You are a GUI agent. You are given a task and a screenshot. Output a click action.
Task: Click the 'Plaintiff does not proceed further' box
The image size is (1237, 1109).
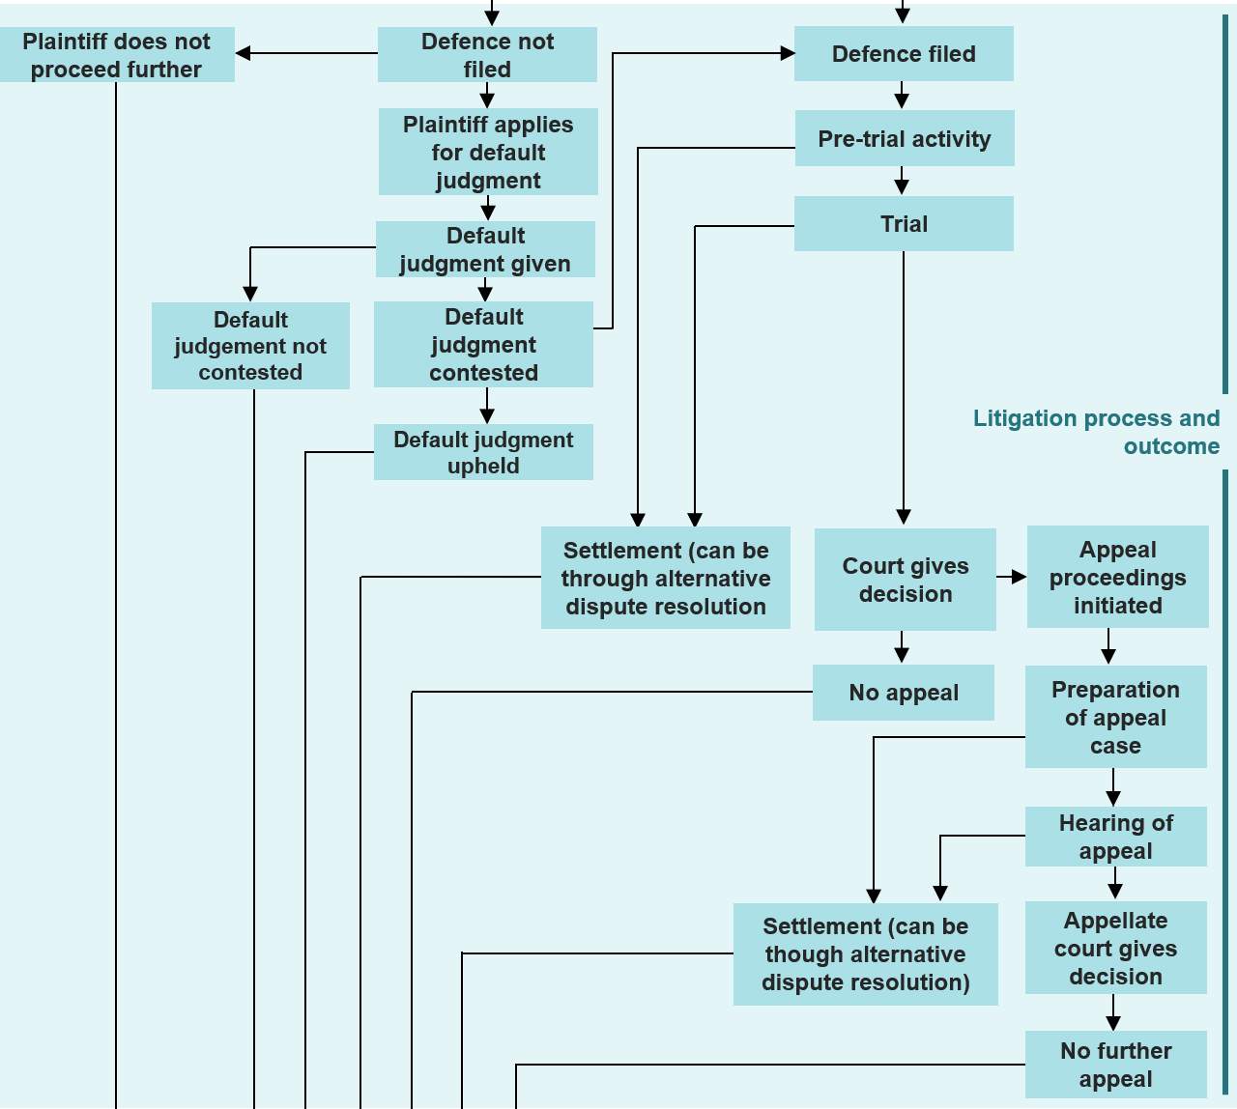117,55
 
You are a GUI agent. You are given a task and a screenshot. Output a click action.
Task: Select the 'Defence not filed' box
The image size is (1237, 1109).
487,55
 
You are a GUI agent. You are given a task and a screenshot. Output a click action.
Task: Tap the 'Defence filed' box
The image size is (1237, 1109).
904,54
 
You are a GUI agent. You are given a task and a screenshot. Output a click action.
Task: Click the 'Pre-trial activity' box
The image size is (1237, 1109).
905,139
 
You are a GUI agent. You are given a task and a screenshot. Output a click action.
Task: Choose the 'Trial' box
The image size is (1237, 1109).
904,224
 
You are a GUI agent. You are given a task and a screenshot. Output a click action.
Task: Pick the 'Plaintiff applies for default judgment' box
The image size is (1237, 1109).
488,153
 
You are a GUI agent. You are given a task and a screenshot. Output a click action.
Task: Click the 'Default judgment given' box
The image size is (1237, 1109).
485,249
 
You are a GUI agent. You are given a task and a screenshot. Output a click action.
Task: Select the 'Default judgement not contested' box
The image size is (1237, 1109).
250,346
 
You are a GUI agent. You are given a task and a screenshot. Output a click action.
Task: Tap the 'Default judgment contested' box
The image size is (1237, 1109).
483,345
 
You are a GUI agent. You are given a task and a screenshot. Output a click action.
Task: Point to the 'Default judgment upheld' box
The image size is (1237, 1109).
483,452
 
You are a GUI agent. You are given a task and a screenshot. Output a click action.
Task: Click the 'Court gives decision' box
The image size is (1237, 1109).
906,580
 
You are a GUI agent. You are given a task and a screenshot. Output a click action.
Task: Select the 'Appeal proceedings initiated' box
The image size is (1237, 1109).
1117,577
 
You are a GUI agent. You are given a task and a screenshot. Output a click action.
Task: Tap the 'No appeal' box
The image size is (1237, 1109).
904,693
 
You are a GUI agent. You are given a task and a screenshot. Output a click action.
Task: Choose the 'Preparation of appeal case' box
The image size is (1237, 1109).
1115,717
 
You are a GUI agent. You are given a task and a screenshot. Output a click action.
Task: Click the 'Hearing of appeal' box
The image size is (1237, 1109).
1115,837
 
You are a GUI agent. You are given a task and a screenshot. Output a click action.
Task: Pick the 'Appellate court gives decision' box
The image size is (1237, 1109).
1115,948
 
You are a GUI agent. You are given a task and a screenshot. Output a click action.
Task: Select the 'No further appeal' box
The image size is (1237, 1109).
1115,1065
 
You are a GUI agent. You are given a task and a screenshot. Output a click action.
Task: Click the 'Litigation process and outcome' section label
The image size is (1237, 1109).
1097,432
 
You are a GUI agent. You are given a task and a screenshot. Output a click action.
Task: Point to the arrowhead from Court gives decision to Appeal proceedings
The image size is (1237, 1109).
1019,577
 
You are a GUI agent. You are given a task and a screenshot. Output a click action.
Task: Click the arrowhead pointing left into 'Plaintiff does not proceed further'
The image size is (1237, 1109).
244,53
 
